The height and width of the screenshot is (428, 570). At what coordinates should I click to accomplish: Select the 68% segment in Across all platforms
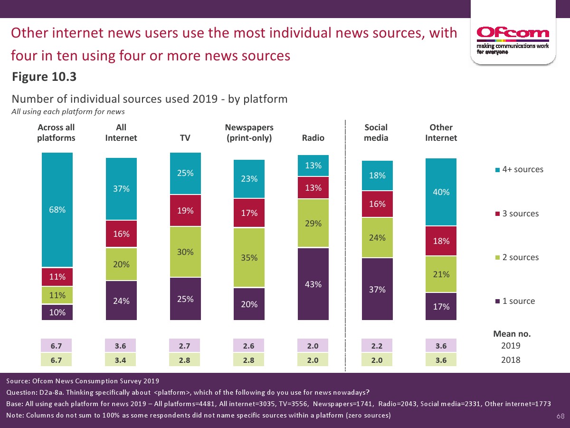(x=57, y=210)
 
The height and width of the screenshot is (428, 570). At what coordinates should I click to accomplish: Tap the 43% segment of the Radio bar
(x=313, y=284)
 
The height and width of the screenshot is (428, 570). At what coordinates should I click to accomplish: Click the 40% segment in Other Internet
(x=441, y=192)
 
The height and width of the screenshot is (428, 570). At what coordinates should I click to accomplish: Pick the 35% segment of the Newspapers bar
(x=249, y=257)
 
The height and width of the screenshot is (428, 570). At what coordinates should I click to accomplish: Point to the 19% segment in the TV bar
(x=185, y=210)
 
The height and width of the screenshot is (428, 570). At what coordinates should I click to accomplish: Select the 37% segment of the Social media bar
(x=377, y=289)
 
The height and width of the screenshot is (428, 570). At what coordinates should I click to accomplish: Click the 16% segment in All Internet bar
(x=121, y=233)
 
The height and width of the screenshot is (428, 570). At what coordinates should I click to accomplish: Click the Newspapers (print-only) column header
(x=249, y=133)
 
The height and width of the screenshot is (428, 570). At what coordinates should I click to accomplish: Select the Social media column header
(x=376, y=133)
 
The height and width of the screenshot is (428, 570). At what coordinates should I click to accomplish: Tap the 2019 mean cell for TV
(x=185, y=346)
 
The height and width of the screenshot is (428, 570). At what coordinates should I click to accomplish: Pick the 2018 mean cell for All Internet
(x=121, y=360)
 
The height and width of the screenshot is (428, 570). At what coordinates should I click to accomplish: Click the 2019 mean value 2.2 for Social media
(x=377, y=346)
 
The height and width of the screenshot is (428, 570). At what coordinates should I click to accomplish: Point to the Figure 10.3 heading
(x=44, y=77)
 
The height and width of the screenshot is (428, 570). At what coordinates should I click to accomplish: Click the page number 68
(x=560, y=417)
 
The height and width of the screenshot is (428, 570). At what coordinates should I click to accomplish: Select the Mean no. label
(x=512, y=334)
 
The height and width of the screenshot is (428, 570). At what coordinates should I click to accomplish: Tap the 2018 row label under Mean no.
(x=511, y=360)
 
